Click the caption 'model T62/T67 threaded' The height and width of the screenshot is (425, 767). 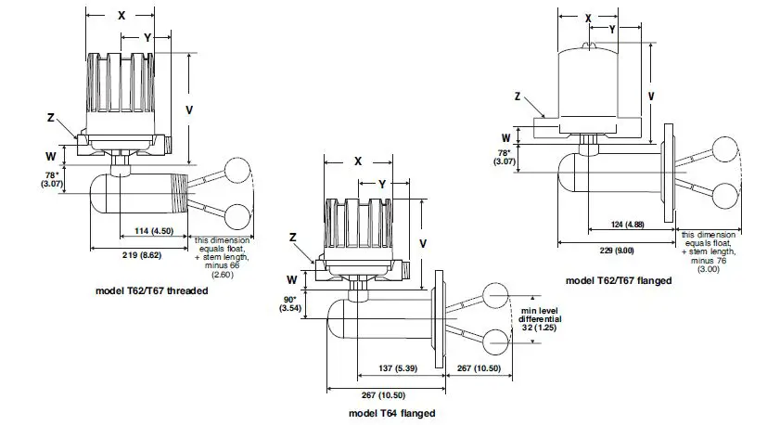coord(152,290)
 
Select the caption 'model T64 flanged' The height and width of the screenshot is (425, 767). coord(384,413)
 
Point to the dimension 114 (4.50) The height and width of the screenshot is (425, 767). coord(154,230)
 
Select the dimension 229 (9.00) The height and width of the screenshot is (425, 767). coord(615,250)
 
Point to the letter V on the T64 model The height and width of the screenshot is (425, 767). coord(424,243)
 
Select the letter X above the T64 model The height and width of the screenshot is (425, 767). coord(358,160)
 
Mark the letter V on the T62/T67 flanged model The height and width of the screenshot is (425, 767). coord(651,97)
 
